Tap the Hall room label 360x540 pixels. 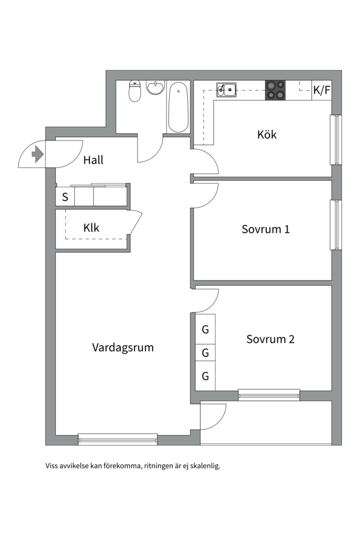[x=93, y=160]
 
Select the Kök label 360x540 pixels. [x=267, y=134]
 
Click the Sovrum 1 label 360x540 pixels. [x=265, y=229]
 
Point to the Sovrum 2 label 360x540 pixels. [x=270, y=339]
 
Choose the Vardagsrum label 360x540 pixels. [x=122, y=347]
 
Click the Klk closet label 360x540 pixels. [x=91, y=228]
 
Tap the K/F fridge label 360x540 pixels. [x=321, y=90]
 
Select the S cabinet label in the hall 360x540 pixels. [x=65, y=197]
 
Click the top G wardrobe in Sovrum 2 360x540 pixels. [x=205, y=330]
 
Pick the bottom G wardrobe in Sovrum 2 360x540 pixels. [x=205, y=376]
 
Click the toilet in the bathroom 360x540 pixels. [x=134, y=91]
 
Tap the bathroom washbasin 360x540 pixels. [x=155, y=88]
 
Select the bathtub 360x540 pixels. [x=177, y=107]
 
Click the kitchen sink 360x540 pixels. [x=226, y=90]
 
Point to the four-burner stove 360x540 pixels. [x=275, y=90]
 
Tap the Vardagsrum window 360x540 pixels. [x=118, y=439]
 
